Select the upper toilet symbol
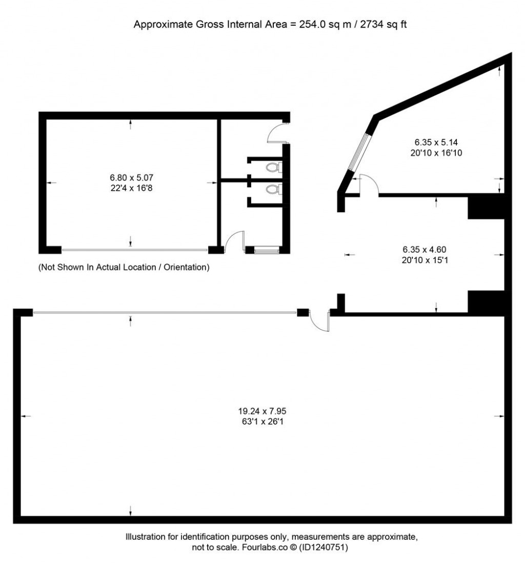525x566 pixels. (273, 167)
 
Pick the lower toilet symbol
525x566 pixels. (273, 190)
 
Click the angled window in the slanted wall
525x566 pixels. (359, 152)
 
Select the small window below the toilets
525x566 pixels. (267, 250)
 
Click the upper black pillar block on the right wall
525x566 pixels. (487, 207)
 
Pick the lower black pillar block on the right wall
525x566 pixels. (487, 301)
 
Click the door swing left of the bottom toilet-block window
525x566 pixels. (235, 241)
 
